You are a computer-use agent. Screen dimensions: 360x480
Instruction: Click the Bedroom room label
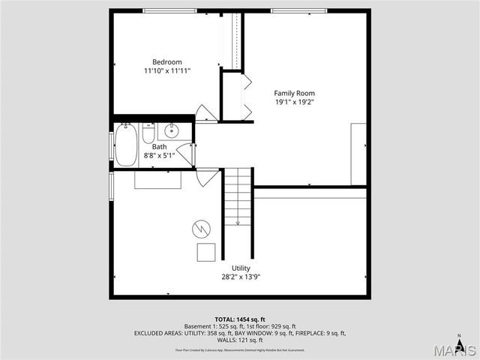pos(166,61)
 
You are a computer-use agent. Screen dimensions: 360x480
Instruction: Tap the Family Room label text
pos(294,93)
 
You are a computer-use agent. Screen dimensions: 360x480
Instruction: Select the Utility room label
pos(241,268)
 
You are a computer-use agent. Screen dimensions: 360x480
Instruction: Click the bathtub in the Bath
pos(124,145)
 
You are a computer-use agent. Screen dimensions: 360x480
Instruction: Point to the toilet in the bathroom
pos(148,134)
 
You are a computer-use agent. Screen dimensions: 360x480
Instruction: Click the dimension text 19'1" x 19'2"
pos(294,103)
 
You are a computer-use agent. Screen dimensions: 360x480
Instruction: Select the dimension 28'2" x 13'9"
pos(241,277)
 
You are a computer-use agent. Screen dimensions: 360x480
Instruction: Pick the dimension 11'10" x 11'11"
pos(166,70)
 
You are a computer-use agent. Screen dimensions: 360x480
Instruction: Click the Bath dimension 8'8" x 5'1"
pos(159,156)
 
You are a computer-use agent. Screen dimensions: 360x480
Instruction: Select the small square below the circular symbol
pos(205,252)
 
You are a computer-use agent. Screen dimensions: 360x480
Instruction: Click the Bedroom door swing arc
pos(205,113)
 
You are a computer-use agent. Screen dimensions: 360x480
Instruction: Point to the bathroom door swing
pos(185,154)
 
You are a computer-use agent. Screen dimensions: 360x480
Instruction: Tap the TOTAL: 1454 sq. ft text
pos(240,319)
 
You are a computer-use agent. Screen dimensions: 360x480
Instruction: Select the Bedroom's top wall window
pos(171,10)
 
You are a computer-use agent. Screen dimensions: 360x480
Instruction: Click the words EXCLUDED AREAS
pos(163,333)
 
